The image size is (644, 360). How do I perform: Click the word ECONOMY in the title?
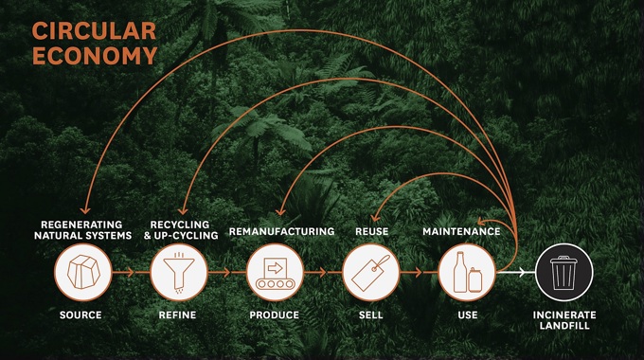point(94,55)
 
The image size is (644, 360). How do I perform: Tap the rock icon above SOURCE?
point(82,273)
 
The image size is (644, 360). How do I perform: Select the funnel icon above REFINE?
point(178,273)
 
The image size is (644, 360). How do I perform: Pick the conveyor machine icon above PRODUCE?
point(275,273)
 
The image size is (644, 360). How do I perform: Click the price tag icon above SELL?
point(370,273)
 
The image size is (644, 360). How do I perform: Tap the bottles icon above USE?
point(466,273)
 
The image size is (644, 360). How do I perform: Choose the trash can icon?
point(563,273)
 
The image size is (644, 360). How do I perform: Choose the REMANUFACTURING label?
point(281,231)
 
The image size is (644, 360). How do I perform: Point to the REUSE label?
point(371,231)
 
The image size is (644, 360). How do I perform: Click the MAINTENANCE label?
point(461,231)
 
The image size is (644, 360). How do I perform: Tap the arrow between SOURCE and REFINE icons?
point(130,273)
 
